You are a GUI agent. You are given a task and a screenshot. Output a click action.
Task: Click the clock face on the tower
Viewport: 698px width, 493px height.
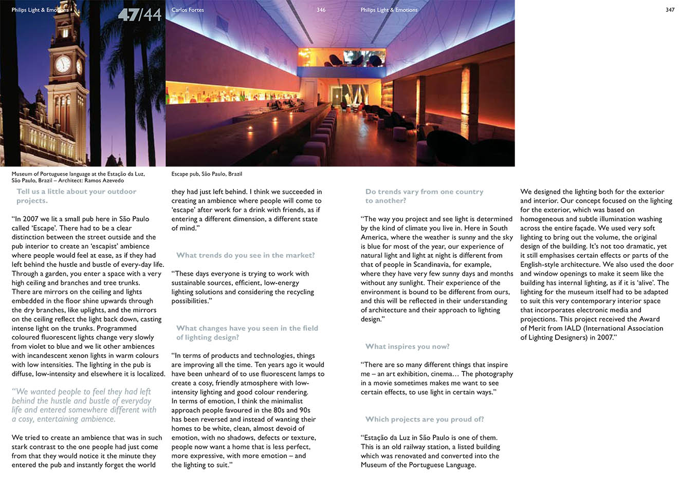point(63,64)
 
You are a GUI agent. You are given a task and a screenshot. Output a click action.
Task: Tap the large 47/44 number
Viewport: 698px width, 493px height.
point(140,14)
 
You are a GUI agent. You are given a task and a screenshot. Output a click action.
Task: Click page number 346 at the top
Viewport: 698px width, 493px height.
point(321,10)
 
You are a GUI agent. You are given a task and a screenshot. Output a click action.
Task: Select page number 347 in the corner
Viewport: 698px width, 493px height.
point(670,10)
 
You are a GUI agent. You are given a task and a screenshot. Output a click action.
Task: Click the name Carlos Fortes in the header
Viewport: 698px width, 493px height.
point(188,10)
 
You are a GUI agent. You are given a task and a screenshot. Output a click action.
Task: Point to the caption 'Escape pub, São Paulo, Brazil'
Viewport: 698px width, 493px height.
point(207,174)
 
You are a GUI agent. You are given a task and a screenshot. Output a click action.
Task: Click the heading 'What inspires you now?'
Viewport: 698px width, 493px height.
point(407,347)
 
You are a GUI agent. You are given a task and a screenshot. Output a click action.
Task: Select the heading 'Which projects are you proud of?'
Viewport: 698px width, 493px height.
point(425,420)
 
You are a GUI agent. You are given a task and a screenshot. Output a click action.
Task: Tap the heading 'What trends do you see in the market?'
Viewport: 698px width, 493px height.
point(245,255)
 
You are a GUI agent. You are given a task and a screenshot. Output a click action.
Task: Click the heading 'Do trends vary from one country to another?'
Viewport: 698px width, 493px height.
point(424,196)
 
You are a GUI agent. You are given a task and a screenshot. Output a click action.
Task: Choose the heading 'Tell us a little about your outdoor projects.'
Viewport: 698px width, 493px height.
point(76,196)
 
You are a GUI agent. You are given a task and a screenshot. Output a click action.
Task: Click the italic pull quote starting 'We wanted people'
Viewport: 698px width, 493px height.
point(84,405)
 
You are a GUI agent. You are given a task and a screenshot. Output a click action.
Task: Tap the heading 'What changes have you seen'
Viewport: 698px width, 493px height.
point(247,333)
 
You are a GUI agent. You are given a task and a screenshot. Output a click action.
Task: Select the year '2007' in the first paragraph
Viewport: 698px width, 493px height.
point(30,219)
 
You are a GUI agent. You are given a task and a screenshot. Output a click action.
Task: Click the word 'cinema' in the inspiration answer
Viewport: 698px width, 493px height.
point(440,374)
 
